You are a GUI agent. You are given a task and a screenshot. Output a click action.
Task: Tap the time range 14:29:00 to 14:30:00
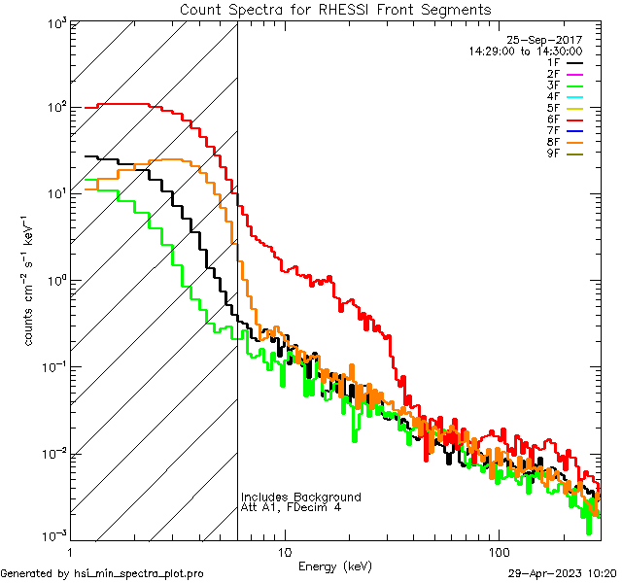click(x=525, y=51)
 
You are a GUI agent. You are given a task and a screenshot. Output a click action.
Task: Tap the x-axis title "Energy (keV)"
click(x=334, y=566)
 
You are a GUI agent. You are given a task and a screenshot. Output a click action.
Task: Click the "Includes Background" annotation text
click(x=300, y=497)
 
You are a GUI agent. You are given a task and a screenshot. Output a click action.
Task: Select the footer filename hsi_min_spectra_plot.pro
click(x=139, y=573)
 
